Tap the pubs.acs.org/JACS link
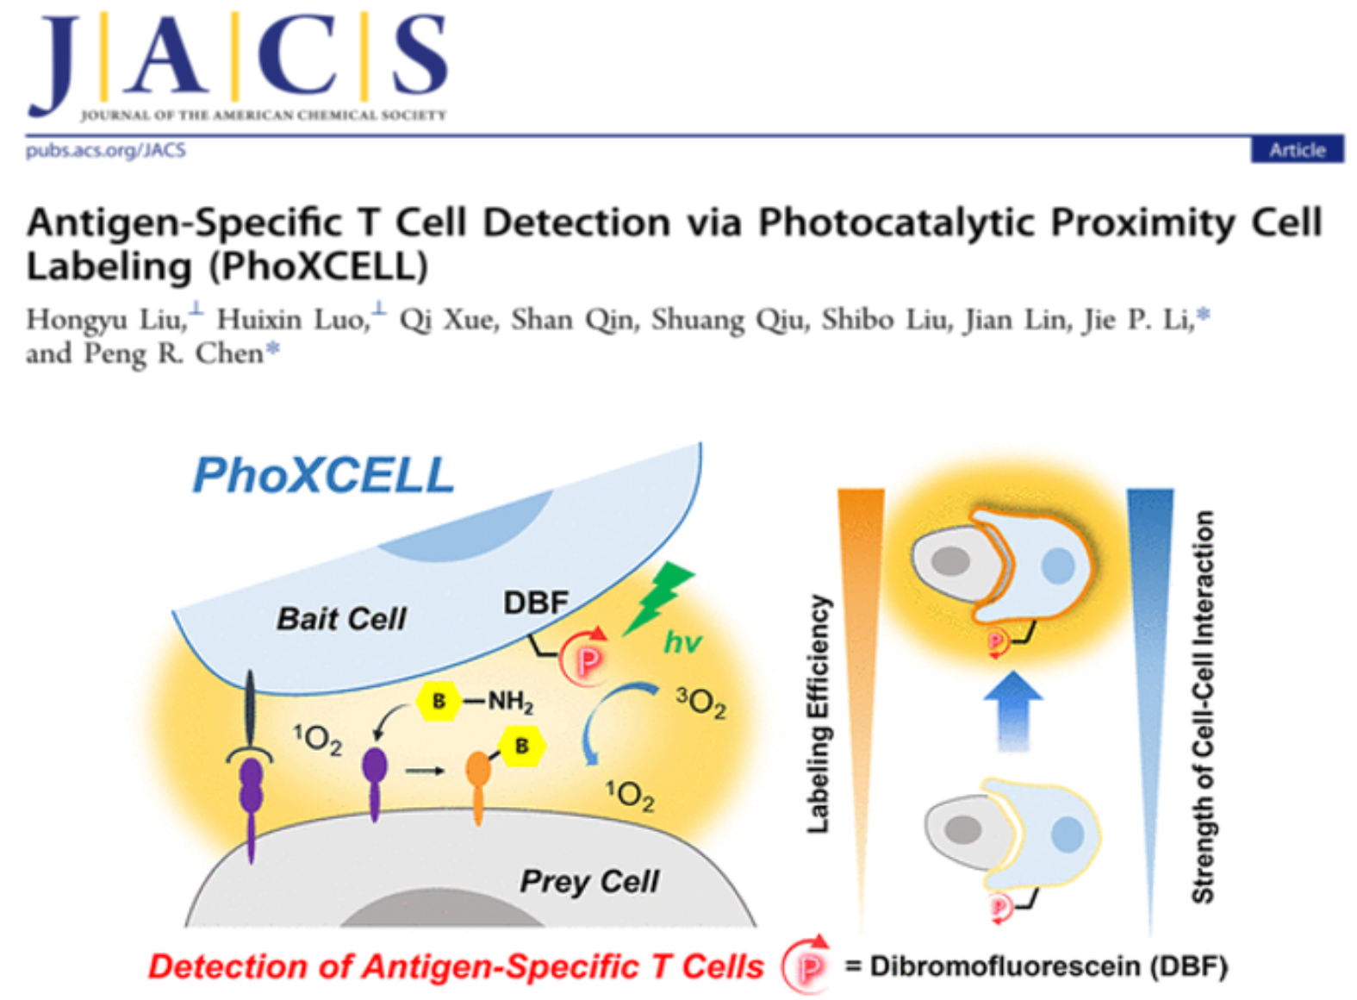tap(106, 150)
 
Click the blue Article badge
tap(1298, 150)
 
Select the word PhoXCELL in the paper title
tap(319, 266)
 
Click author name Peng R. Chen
tap(173, 353)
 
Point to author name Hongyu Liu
tap(105, 319)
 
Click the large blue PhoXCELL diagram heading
tap(323, 475)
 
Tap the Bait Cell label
tap(342, 618)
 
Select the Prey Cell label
tap(588, 881)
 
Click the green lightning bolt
tap(657, 597)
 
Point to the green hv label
tap(682, 642)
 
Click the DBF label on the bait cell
tap(536, 603)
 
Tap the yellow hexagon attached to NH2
tap(439, 701)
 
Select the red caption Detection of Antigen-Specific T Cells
tap(457, 966)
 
